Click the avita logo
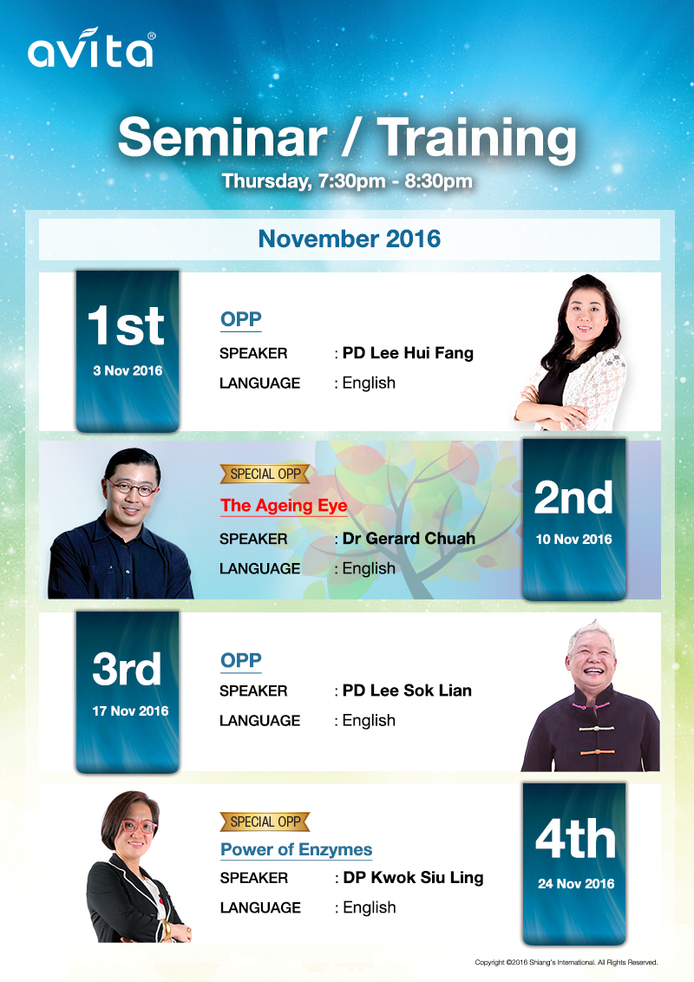pyautogui.click(x=91, y=48)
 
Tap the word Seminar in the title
pyautogui.click(x=222, y=137)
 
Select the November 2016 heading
pyautogui.click(x=350, y=239)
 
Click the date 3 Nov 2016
pyautogui.click(x=128, y=370)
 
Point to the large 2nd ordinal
pyautogui.click(x=573, y=498)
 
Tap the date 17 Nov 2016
pyautogui.click(x=130, y=710)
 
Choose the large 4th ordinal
pyautogui.click(x=576, y=839)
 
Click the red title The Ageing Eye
pyautogui.click(x=284, y=506)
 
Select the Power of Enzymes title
pyautogui.click(x=297, y=849)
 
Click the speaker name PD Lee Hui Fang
pyautogui.click(x=408, y=352)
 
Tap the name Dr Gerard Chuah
pyautogui.click(x=409, y=538)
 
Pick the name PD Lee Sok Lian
pyautogui.click(x=407, y=691)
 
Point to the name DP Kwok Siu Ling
pyautogui.click(x=414, y=877)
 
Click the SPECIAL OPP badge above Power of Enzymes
pyautogui.click(x=265, y=822)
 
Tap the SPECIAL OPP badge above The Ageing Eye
pyautogui.click(x=265, y=475)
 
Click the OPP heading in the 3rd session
pyautogui.click(x=241, y=660)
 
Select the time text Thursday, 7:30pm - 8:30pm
pyautogui.click(x=347, y=181)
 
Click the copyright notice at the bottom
pyautogui.click(x=566, y=962)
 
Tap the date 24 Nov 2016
pyautogui.click(x=576, y=884)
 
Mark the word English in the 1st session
pyautogui.click(x=369, y=383)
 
